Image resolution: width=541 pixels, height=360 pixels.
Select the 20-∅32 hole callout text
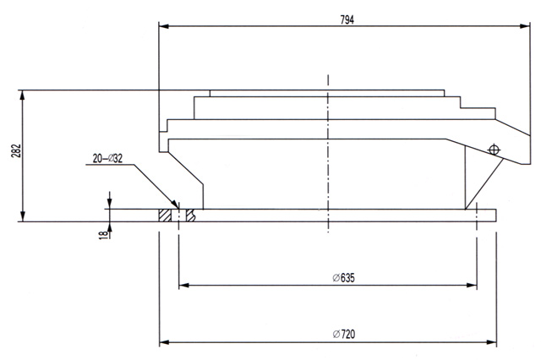coord(107,158)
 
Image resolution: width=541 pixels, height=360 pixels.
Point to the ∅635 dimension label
coord(343,278)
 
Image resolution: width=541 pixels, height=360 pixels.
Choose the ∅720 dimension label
coord(343,335)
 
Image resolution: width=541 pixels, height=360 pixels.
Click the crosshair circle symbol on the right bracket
coord(492,150)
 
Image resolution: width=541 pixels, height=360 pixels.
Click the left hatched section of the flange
coord(166,215)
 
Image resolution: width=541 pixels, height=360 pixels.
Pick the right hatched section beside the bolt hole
coord(191,215)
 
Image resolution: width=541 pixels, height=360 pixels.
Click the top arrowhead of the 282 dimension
coord(23,93)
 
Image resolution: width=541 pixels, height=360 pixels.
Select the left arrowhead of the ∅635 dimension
coord(183,285)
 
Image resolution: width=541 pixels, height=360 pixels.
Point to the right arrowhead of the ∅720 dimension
coord(495,342)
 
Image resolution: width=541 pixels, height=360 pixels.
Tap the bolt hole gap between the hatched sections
coord(179,215)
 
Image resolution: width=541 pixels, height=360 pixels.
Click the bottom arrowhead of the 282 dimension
coord(23,217)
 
